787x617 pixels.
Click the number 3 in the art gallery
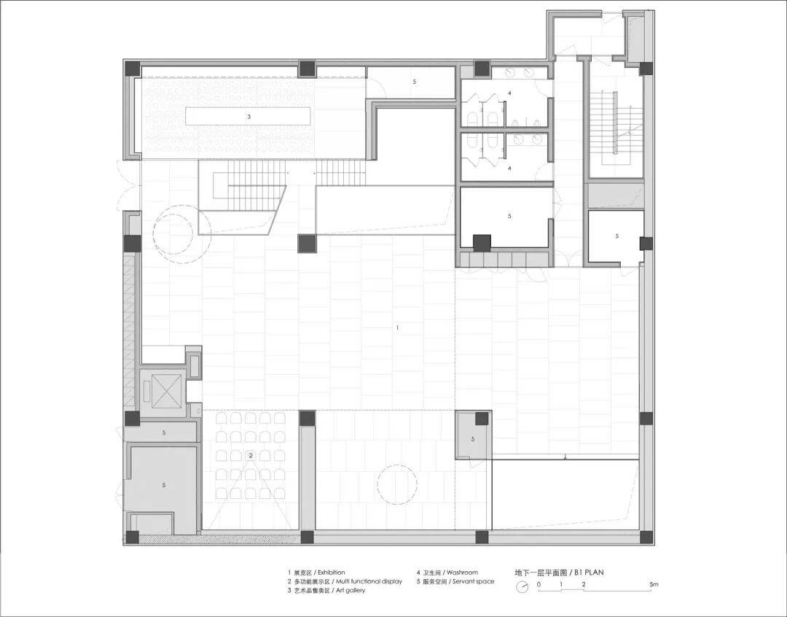click(249, 117)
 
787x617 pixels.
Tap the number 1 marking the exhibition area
click(398, 327)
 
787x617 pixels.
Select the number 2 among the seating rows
click(251, 455)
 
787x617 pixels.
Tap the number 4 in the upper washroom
click(509, 93)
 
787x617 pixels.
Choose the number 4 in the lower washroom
click(509, 168)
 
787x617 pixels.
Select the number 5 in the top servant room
click(415, 82)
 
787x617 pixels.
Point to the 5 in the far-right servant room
click(617, 236)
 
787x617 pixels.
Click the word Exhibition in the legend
click(332, 573)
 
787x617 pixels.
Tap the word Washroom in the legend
click(462, 573)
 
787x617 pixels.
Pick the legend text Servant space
click(474, 581)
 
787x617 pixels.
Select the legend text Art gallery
click(351, 590)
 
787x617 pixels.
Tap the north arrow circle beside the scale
click(522, 586)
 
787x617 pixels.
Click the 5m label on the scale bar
click(654, 584)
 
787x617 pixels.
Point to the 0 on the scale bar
click(539, 584)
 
